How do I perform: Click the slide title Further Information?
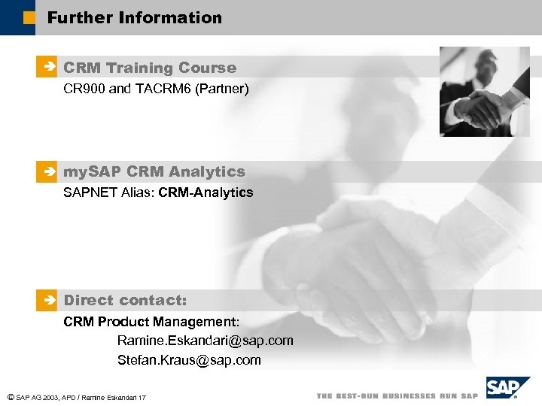tap(135, 17)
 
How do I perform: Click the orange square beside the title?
tap(29, 17)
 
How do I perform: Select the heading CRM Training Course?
tap(150, 68)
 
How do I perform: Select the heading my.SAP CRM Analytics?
tap(154, 171)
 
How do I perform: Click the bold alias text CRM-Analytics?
tap(206, 192)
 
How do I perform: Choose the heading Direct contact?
tap(125, 300)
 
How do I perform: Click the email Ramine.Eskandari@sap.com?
tap(205, 341)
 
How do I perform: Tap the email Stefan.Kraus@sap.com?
tap(189, 360)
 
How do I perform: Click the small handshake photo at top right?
tap(484, 92)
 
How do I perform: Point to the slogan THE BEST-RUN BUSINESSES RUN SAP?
tap(397, 395)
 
